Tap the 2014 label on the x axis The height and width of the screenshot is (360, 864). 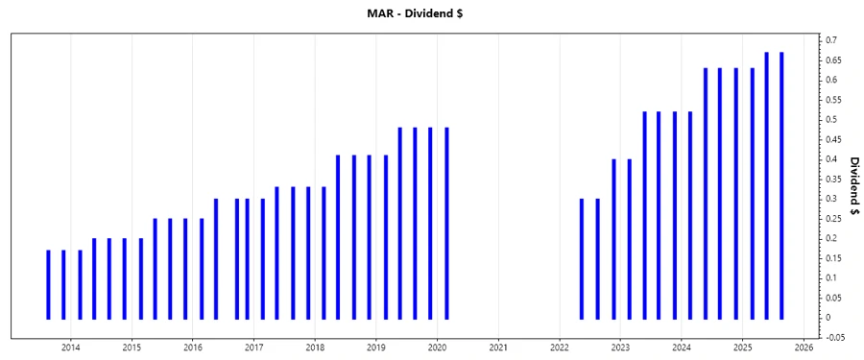tap(70, 347)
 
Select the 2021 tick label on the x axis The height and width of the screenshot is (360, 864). tap(498, 347)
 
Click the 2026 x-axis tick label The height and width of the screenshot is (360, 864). tap(804, 347)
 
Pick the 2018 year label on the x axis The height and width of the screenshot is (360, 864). tap(315, 347)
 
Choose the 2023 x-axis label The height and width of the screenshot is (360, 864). tap(620, 347)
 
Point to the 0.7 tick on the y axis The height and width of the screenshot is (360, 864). tap(829, 40)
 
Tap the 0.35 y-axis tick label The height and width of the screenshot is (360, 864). tap(831, 179)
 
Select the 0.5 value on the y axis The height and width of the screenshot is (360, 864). tap(829, 119)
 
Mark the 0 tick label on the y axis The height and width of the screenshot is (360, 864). tap(827, 317)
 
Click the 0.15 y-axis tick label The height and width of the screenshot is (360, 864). tap(831, 258)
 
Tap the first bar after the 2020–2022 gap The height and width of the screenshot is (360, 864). tap(582, 258)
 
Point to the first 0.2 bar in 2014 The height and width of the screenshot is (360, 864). tap(94, 278)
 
